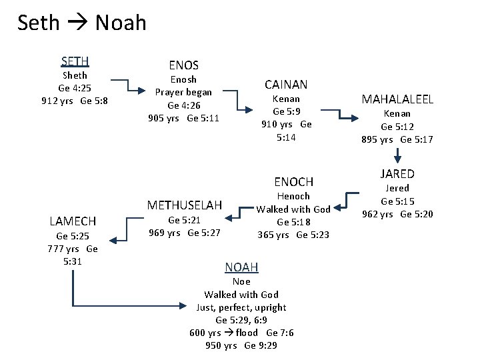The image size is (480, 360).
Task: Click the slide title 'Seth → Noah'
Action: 81,23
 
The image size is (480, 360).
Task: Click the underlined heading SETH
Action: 75,61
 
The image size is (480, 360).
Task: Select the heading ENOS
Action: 183,65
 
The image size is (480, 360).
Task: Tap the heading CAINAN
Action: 286,85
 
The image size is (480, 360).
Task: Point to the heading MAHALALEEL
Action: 397,99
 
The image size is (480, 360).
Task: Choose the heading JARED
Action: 397,174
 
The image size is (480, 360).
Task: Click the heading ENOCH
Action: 293,181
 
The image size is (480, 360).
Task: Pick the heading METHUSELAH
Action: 184,204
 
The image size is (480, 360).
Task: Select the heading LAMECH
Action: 73,221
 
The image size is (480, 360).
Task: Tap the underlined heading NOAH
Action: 241,267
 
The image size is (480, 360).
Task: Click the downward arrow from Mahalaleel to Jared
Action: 397,155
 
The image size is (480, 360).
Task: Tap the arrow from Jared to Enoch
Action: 347,203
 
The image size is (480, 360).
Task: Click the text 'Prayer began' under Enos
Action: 183,92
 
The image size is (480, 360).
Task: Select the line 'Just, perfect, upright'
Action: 241,307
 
